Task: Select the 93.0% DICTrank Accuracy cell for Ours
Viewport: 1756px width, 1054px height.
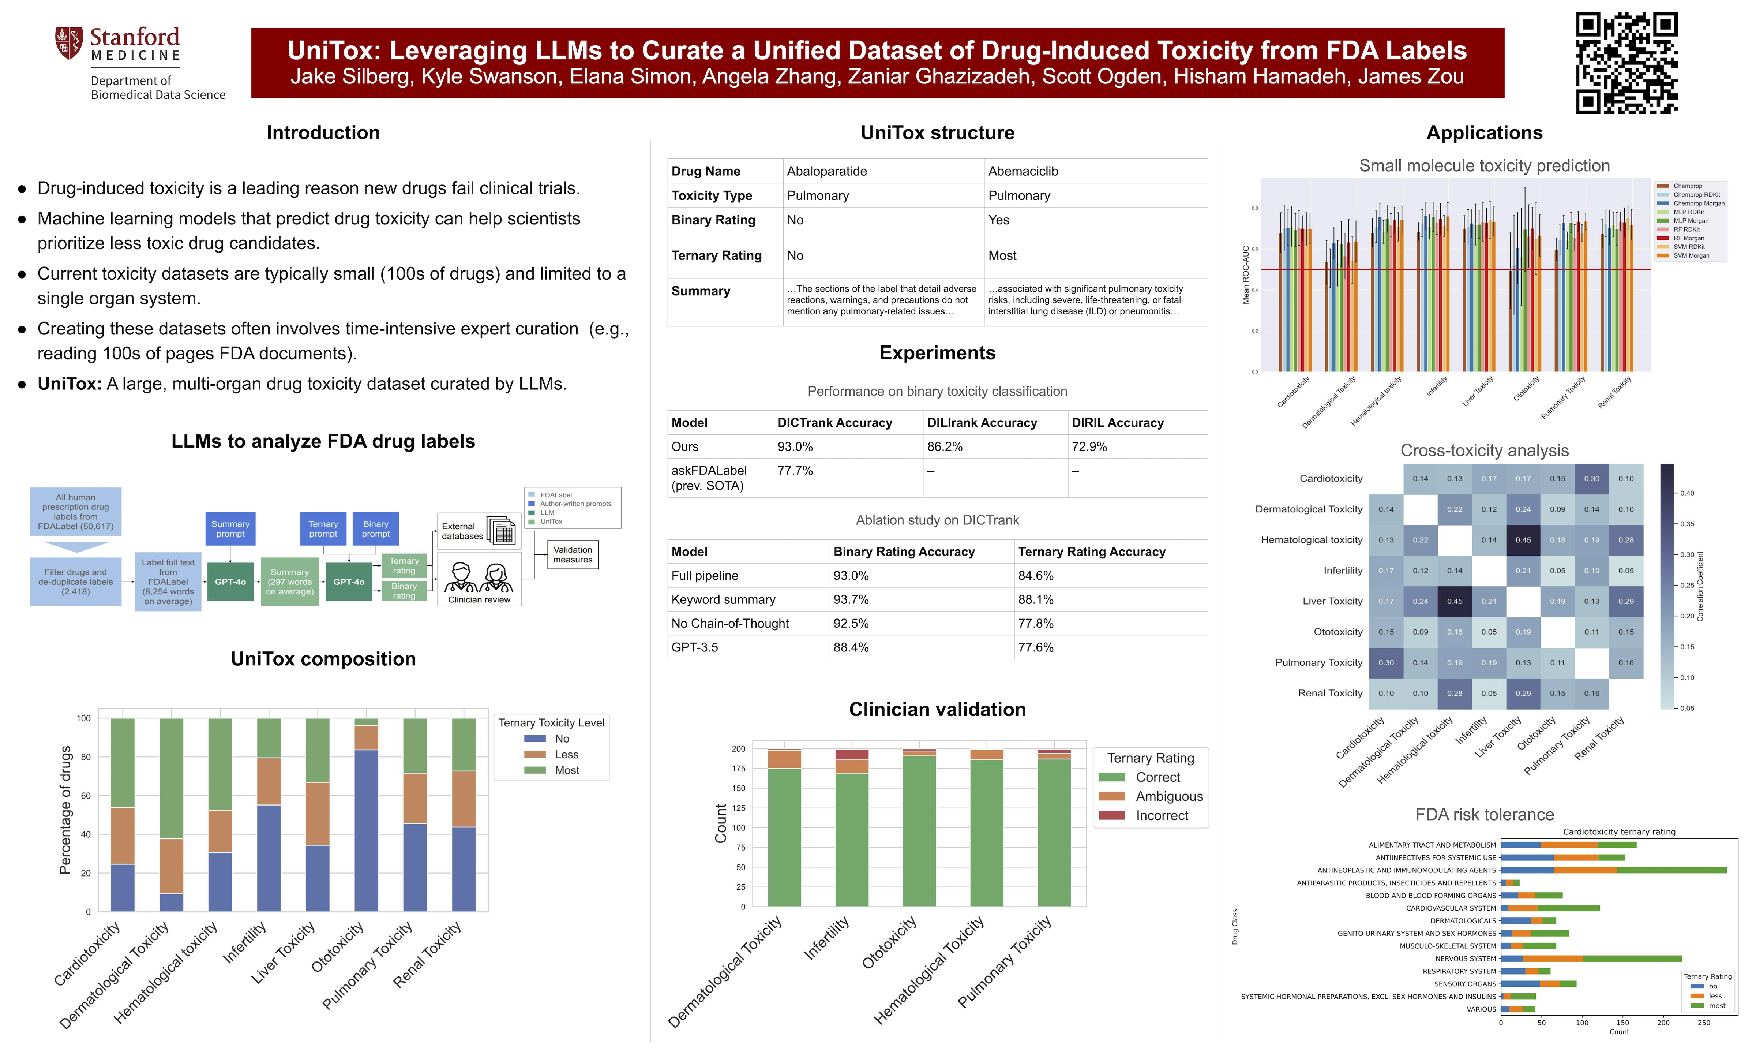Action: click(795, 447)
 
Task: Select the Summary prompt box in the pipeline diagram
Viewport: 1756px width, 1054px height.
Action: click(230, 528)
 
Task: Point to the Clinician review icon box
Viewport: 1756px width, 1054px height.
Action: click(479, 579)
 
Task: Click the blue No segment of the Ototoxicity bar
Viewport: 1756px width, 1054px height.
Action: click(366, 831)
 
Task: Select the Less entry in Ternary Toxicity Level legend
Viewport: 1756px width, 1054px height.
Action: click(566, 754)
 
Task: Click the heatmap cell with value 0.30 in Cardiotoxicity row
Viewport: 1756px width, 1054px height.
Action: click(1591, 479)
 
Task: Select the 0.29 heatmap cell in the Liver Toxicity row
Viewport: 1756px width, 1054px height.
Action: click(1625, 602)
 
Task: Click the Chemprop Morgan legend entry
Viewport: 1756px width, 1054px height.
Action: click(1699, 203)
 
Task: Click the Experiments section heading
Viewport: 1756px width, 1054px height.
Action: click(937, 353)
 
